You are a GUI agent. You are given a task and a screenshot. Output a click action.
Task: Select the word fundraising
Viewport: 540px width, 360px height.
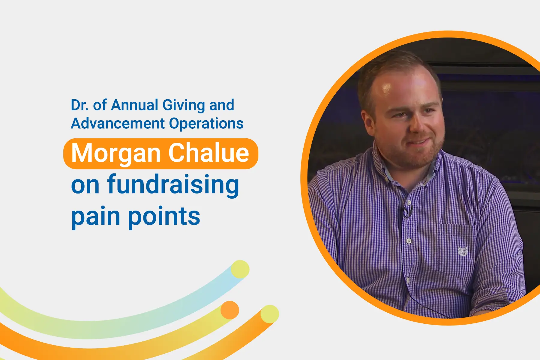(173, 185)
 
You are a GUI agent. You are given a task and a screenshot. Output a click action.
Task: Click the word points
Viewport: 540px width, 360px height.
(164, 217)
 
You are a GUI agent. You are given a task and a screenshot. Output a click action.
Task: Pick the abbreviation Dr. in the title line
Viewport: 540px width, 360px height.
(80, 105)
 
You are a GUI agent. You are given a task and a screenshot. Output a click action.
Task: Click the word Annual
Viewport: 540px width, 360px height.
(135, 105)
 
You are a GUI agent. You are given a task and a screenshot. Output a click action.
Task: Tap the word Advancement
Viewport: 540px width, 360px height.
(118, 123)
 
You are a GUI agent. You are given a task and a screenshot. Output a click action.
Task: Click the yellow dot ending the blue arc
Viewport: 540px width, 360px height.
(240, 269)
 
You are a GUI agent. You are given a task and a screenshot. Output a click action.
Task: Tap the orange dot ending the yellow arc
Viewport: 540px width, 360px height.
(230, 310)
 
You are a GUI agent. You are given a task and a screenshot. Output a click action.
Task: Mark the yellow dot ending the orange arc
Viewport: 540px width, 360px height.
(270, 314)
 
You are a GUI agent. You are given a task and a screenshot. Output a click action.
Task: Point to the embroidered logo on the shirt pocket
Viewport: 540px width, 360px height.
(463, 251)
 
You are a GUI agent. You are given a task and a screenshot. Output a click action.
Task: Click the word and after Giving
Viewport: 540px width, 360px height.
(221, 105)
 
